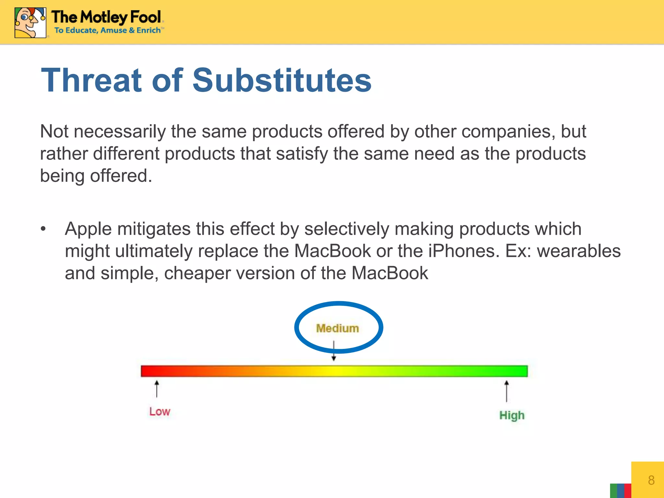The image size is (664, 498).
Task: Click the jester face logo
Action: [x=30, y=22]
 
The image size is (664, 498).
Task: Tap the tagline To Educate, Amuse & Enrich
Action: [x=108, y=30]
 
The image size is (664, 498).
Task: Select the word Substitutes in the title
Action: [x=282, y=80]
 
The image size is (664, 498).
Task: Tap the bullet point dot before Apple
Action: [x=43, y=229]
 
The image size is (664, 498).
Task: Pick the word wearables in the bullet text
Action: [x=579, y=251]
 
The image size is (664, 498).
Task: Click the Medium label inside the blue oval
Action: [x=338, y=328]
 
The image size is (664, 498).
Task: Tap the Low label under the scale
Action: [x=160, y=411]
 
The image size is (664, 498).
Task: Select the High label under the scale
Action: [x=512, y=415]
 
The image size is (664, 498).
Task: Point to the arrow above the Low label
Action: [x=157, y=389]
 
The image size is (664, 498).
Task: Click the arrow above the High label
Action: [x=506, y=391]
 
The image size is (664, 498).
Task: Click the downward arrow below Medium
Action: [x=334, y=351]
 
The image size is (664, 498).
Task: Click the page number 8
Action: [x=651, y=480]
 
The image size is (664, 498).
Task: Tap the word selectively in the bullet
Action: [x=346, y=229]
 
